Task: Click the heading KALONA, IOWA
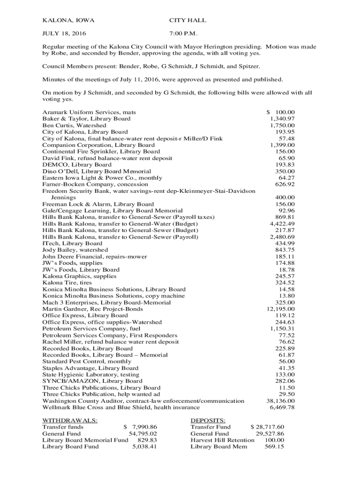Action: pyautogui.click(x=68, y=21)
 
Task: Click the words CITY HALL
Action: pyautogui.click(x=187, y=21)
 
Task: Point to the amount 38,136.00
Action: pyautogui.click(x=281, y=401)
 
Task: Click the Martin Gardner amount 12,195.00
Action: pyautogui.click(x=281, y=309)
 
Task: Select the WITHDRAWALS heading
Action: pyautogui.click(x=70, y=421)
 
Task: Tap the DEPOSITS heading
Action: pyautogui.click(x=208, y=421)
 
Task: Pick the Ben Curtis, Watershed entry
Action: pyautogui.click(x=74, y=126)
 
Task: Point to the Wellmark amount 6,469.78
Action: pyautogui.click(x=282, y=407)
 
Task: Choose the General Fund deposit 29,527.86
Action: pyautogui.click(x=270, y=434)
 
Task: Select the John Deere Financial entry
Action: pyautogui.click(x=95, y=257)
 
